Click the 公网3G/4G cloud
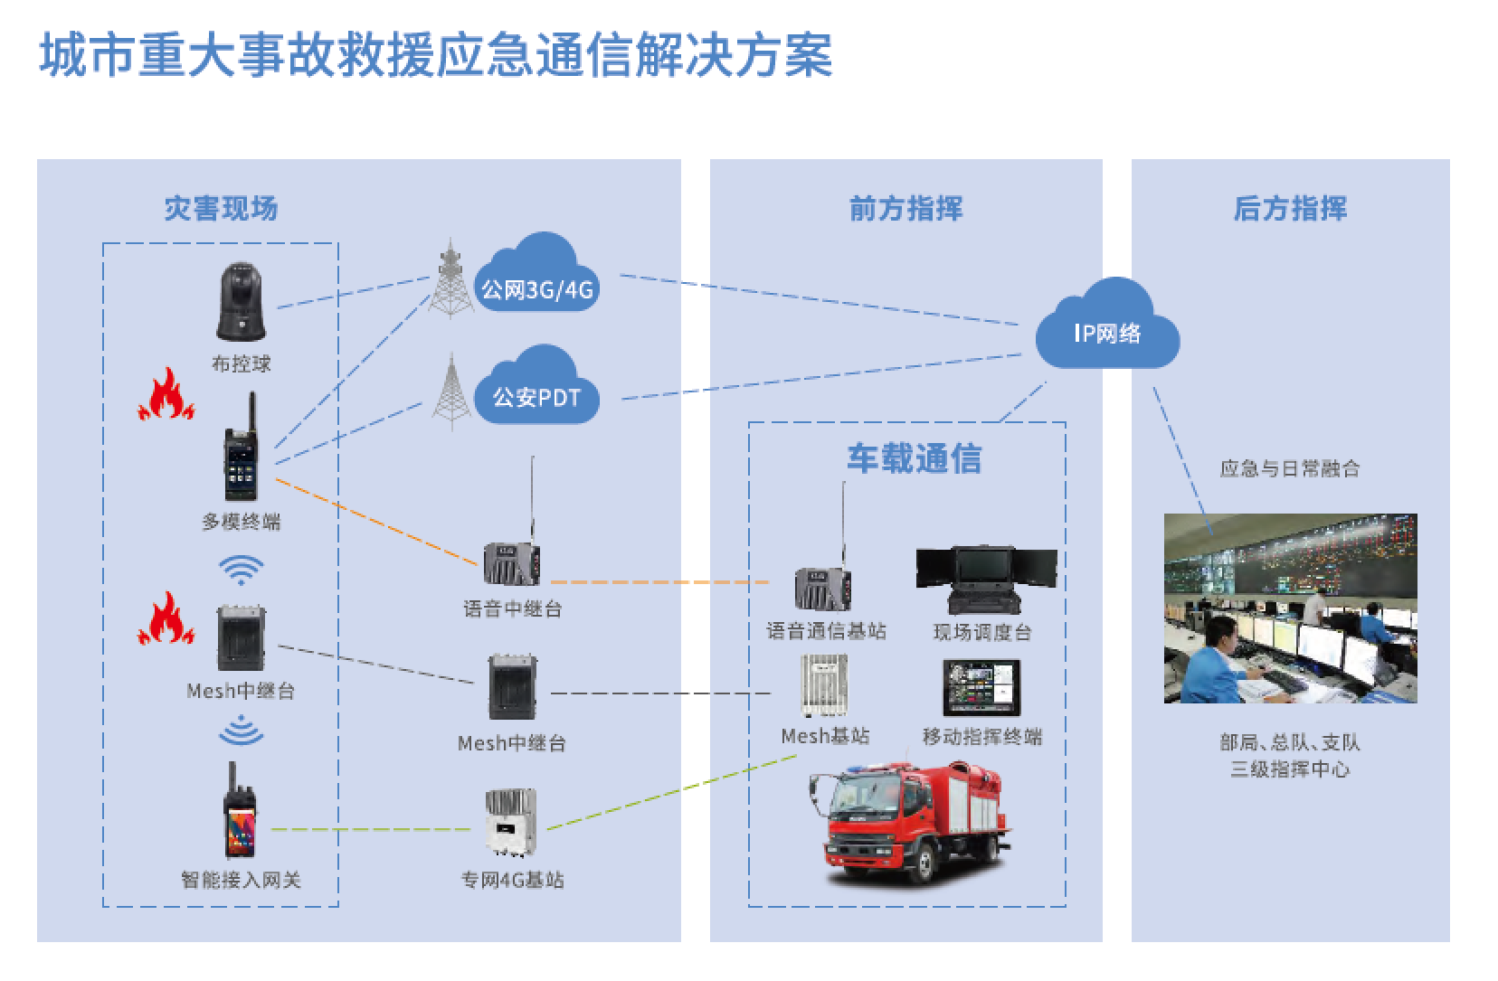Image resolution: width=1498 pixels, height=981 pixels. click(x=536, y=277)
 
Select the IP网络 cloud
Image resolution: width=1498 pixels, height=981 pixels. click(x=1107, y=327)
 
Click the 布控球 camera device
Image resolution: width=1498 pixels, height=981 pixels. click(x=241, y=301)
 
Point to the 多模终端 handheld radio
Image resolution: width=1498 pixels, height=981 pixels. click(x=242, y=452)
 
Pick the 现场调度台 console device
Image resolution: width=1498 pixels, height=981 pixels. click(x=986, y=579)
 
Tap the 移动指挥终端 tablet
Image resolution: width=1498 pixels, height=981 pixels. click(x=981, y=687)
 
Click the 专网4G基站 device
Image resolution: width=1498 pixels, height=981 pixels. click(x=511, y=821)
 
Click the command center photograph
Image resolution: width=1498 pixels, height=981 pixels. click(x=1290, y=608)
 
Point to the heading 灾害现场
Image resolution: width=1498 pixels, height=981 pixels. click(x=221, y=209)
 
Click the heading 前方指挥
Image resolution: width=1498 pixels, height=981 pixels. click(x=905, y=209)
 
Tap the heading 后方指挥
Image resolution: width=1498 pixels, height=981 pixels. click(x=1290, y=209)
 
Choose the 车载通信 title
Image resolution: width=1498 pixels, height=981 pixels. click(x=914, y=458)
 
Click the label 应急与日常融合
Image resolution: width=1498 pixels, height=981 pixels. click(x=1290, y=468)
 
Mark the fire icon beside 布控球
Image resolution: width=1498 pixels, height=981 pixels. click(x=166, y=395)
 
